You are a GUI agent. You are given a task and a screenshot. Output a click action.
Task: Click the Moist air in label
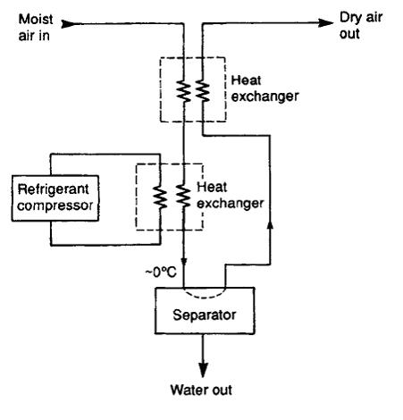coord(36,28)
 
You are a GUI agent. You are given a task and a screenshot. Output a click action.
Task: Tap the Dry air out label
coord(361,26)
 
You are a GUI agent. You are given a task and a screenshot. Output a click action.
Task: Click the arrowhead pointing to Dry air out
coord(325,22)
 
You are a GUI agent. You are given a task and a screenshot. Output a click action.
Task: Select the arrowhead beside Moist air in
coord(69,23)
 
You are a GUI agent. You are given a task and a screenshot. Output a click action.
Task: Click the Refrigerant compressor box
coord(55,198)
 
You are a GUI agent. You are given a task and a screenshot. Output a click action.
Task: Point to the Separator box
coord(205,310)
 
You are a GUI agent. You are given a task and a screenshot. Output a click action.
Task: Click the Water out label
coord(201,390)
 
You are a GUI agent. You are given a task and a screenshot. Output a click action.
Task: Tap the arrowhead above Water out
coord(203,370)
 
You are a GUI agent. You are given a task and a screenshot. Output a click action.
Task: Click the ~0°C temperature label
coord(161,272)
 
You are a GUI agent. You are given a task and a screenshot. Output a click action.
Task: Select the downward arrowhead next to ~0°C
coord(184,262)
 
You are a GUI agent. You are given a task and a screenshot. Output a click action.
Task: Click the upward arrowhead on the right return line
coord(270,224)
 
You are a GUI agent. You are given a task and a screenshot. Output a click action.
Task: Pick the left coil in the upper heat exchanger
coord(183,91)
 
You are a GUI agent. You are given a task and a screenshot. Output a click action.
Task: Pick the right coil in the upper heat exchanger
coord(203,91)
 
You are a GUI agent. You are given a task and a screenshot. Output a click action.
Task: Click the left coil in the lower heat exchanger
coord(160,197)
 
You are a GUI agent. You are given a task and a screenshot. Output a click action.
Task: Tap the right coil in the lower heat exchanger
coord(183,196)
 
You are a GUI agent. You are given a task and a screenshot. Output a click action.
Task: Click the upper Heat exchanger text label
coord(264,88)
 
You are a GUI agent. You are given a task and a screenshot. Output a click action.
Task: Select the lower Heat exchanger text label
coord(230,196)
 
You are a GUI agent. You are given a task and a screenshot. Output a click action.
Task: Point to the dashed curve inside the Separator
coord(205,296)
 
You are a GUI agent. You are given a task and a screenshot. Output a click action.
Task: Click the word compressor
coord(55,206)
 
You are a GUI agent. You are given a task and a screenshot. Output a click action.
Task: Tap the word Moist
coord(36,20)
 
